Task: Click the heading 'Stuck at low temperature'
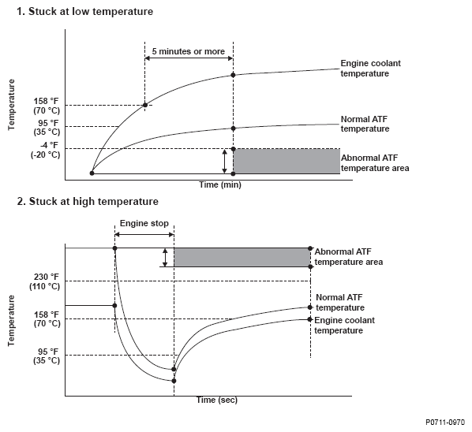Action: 91,11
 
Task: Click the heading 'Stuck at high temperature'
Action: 93,202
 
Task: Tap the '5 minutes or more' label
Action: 188,51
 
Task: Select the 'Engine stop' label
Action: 144,223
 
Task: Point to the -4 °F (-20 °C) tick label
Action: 46,150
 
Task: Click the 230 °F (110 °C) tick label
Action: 45,281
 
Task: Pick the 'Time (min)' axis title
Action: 220,184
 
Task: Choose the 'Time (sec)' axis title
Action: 217,400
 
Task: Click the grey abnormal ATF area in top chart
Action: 287,161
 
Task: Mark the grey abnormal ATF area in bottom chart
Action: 242,257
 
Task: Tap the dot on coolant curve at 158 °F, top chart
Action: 145,105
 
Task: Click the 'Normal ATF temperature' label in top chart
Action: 365,124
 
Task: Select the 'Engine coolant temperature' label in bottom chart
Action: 344,326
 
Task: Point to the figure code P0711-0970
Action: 445,423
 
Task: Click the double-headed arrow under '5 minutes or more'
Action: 189,58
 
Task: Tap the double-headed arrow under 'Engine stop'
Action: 144,234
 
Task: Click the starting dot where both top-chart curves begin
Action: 92,173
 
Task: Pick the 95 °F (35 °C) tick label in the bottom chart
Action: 47,356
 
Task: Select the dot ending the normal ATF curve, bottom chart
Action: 310,307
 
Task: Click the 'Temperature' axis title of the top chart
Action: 11,105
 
